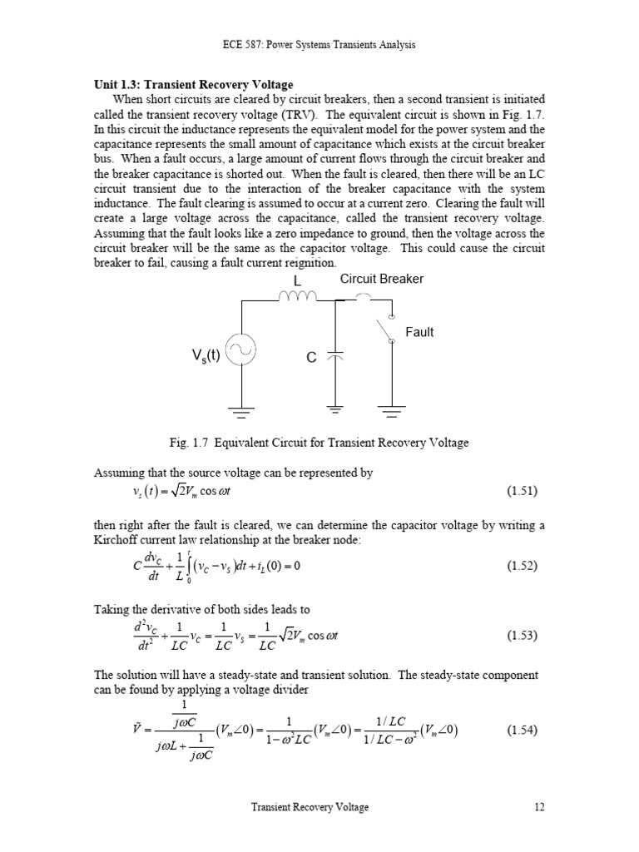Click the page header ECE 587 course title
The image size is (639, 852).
click(x=319, y=44)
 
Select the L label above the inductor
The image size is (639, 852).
click(x=296, y=280)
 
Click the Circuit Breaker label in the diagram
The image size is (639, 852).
click(x=381, y=280)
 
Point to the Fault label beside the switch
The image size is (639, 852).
click(x=419, y=332)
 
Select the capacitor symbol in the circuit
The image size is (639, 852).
click(x=335, y=355)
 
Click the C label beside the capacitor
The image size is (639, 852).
click(x=311, y=358)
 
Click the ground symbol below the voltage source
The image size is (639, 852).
click(x=240, y=410)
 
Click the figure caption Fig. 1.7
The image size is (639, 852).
click(x=319, y=443)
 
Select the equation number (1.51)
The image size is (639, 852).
click(x=522, y=491)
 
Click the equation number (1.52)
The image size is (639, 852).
click(x=522, y=566)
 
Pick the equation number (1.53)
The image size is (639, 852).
click(x=522, y=635)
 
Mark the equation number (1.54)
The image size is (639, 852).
click(x=522, y=731)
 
